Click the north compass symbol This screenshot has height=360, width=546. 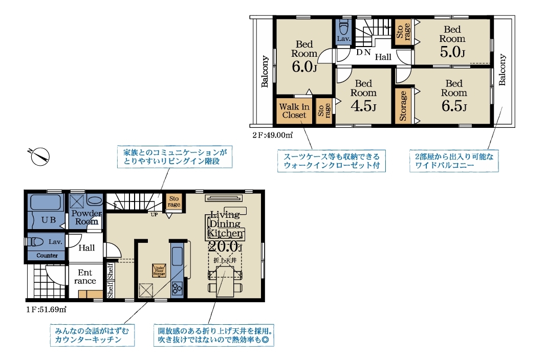click(x=39, y=156)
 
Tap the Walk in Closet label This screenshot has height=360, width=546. click(x=294, y=111)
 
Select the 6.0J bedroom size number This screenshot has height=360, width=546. click(x=304, y=66)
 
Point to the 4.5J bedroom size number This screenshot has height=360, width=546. click(x=363, y=106)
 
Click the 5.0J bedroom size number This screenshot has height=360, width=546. click(x=452, y=52)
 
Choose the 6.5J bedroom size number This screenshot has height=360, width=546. click(x=454, y=106)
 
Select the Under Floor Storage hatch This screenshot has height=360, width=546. click(x=159, y=271)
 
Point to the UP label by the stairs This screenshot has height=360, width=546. click(x=154, y=215)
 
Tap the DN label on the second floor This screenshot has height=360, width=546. click(x=363, y=53)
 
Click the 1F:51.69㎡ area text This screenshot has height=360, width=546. click(x=47, y=309)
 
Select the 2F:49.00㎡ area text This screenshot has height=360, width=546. click(x=273, y=135)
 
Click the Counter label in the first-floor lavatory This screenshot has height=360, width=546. click(x=47, y=255)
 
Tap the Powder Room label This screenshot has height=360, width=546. click(x=86, y=217)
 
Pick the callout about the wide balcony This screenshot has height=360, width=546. click(x=454, y=161)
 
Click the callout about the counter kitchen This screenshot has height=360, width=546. click(x=92, y=335)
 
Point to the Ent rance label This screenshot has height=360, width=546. click(x=85, y=277)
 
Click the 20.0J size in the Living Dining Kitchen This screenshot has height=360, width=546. click(x=225, y=246)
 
